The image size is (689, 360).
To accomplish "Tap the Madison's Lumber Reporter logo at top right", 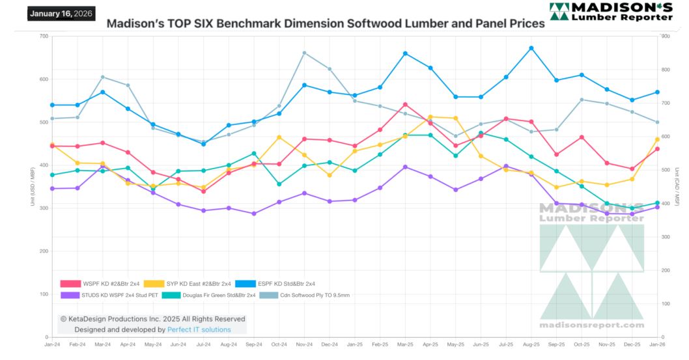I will (x=610, y=12).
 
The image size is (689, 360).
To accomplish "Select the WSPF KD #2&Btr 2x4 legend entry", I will (x=101, y=283).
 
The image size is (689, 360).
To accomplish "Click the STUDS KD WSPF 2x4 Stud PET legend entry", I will (x=108, y=295).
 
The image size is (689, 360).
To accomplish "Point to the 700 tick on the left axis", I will (x=44, y=36).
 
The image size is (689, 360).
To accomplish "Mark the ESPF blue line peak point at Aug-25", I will (x=531, y=48).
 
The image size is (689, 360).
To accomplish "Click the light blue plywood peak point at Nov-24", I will (x=304, y=53).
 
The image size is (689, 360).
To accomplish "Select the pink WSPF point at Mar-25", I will (x=405, y=104).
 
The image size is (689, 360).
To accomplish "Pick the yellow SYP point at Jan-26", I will (x=657, y=139).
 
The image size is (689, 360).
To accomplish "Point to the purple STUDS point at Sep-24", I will (x=254, y=214).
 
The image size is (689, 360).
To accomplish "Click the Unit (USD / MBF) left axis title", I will (x=32, y=187).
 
